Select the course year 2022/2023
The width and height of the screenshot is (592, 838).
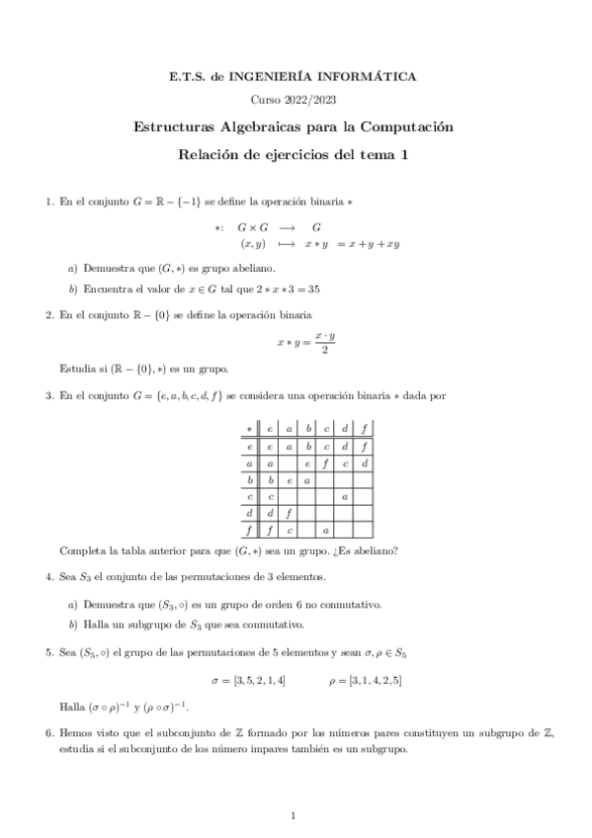coord(296,100)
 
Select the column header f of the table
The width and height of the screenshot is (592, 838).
coord(365,429)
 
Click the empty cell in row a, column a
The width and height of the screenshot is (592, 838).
coord(288,463)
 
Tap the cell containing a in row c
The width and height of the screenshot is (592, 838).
coord(344,497)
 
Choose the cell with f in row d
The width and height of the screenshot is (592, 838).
coord(288,514)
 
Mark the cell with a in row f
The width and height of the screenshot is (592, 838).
coord(325,532)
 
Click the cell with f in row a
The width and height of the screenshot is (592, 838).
coord(325,463)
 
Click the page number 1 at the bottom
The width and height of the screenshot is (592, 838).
coord(296,816)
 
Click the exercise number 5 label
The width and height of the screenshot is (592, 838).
coord(48,652)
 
